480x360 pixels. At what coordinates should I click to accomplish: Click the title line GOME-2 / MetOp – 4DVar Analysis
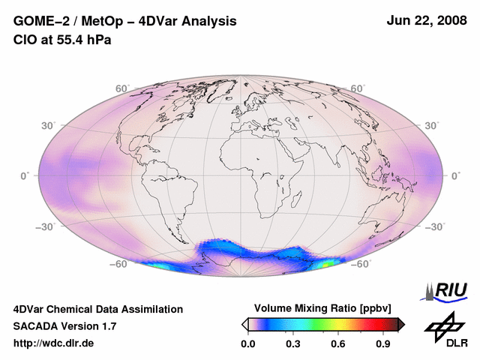click(125, 22)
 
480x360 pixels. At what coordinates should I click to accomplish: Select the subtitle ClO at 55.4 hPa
click(62, 40)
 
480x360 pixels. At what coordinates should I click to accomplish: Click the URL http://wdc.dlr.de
click(54, 343)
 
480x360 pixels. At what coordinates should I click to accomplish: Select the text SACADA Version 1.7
click(64, 326)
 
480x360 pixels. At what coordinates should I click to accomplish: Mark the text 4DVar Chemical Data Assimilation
click(97, 309)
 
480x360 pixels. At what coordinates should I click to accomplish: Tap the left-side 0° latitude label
click(24, 175)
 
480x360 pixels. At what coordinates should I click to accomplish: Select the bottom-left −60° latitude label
click(118, 264)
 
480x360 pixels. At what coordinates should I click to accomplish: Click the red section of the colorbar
click(371, 324)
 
